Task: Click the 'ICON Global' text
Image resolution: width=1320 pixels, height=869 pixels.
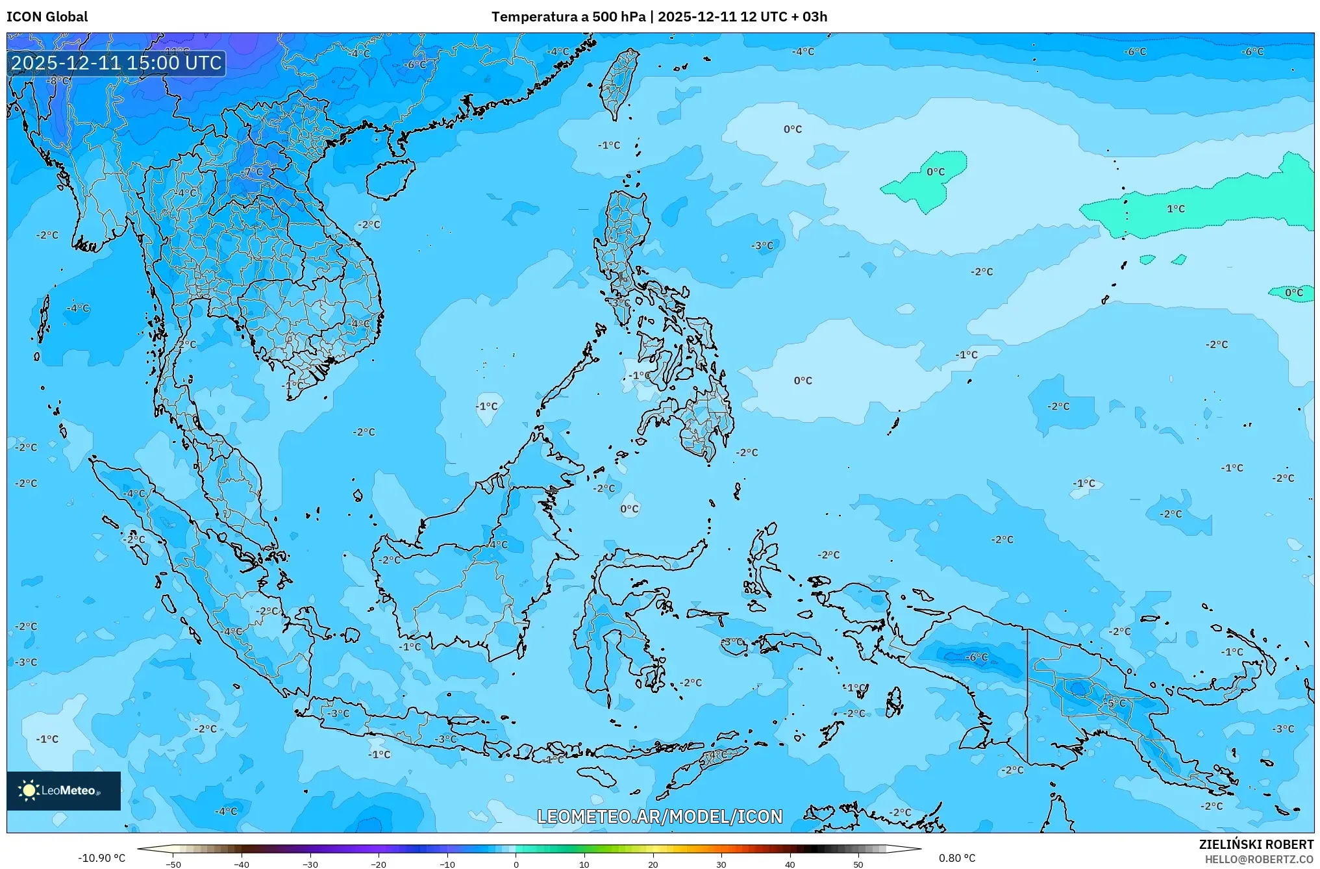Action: [x=47, y=17]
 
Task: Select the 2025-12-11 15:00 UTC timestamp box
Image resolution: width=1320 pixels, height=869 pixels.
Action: [x=117, y=63]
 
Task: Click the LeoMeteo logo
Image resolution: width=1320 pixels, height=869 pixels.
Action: [x=64, y=790]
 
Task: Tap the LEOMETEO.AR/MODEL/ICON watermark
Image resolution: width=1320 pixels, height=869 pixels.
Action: [x=660, y=816]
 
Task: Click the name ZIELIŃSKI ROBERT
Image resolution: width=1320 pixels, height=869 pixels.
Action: [x=1256, y=844]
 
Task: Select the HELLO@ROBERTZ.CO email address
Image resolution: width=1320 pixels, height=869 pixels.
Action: [x=1259, y=859]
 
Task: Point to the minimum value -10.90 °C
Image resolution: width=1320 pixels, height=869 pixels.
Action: [x=101, y=858]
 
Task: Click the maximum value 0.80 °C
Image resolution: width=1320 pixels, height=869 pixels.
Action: [x=957, y=858]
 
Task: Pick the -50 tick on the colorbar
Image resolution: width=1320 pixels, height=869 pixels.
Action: [x=173, y=864]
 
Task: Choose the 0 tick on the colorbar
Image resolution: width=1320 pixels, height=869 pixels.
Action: [x=516, y=864]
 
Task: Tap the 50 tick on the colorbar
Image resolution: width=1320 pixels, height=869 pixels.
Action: [x=858, y=864]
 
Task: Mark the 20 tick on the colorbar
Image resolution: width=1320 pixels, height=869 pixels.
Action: [x=653, y=864]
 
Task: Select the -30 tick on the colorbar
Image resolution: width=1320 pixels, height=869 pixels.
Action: [x=310, y=864]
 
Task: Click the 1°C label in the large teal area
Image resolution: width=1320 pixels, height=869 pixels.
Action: [x=1176, y=208]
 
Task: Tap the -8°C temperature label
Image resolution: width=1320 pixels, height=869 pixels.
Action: [x=58, y=81]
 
